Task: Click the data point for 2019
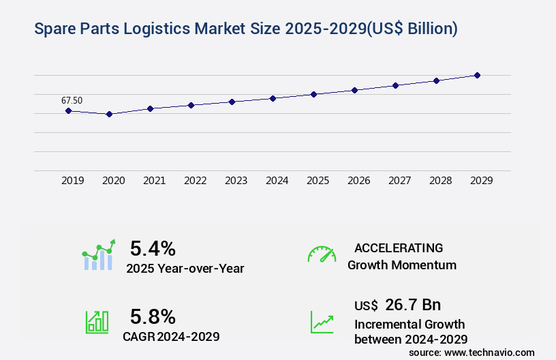(x=68, y=110)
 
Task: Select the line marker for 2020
(x=109, y=114)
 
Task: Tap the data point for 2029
(x=477, y=75)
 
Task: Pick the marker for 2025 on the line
(x=313, y=94)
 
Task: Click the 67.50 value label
(x=72, y=100)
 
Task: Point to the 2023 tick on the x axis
(x=236, y=181)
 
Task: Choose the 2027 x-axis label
(x=399, y=181)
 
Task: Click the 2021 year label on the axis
(x=154, y=181)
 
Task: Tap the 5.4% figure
(x=153, y=248)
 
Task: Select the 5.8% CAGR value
(x=153, y=316)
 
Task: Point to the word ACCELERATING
(x=399, y=247)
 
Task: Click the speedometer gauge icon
(x=322, y=254)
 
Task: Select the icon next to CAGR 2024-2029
(x=97, y=322)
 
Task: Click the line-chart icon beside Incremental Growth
(x=322, y=322)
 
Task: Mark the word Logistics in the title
(x=161, y=29)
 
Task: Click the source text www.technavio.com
(x=489, y=352)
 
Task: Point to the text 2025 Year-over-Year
(x=185, y=268)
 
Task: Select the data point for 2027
(x=395, y=85)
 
